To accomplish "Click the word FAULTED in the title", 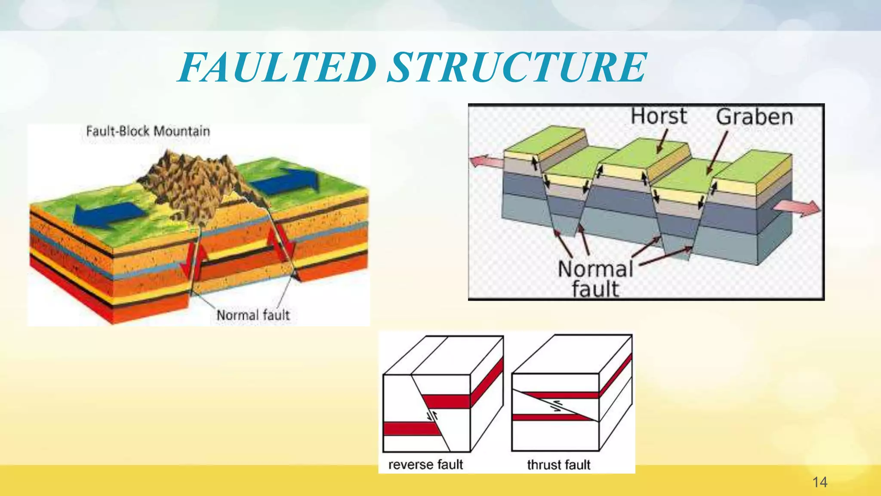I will (277, 67).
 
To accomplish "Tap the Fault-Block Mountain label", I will (148, 131).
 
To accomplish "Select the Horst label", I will (658, 116).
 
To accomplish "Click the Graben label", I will (754, 117).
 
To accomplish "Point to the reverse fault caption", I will (425, 465).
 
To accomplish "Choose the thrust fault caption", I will (558, 465).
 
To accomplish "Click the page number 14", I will (820, 482).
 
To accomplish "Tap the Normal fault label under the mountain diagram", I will (253, 315).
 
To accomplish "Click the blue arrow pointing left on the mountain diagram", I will (108, 214).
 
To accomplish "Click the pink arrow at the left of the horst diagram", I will (485, 161).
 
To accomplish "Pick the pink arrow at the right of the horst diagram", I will (797, 208).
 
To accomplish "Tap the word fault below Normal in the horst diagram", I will (595, 289).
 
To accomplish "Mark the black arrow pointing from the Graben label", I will (717, 153).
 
